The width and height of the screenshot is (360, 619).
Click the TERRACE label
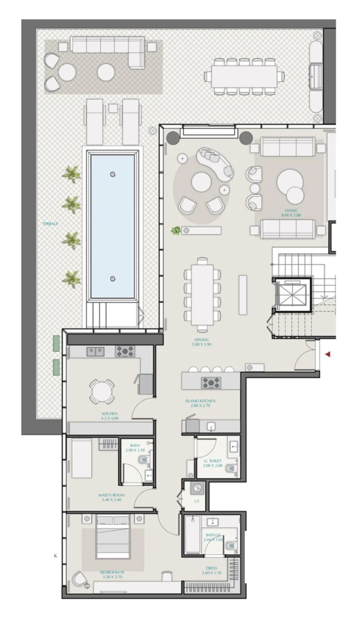[50, 224]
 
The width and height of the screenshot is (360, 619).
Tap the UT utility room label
[196, 501]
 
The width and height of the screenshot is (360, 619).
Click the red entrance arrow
[328, 354]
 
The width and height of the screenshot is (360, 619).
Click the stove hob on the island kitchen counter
[211, 382]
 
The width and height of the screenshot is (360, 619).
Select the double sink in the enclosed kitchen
[96, 351]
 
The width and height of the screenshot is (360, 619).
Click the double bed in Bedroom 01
[113, 537]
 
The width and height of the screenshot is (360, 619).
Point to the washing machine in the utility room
[197, 488]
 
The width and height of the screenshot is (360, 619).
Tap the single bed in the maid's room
[82, 458]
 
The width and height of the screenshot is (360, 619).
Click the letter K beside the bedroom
[55, 556]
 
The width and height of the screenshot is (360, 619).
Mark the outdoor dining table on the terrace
[244, 76]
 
